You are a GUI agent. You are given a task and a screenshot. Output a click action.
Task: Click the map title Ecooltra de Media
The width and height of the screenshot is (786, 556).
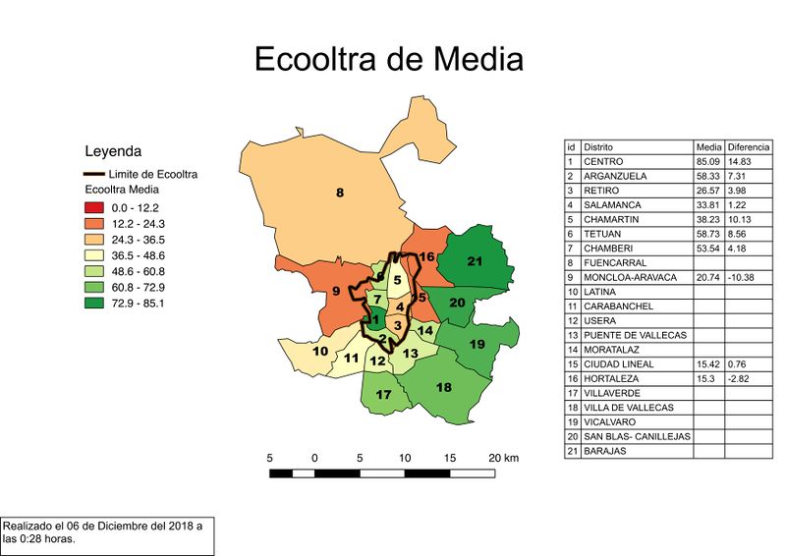(388, 59)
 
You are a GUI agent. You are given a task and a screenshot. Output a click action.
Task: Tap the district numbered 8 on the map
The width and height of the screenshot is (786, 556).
(340, 193)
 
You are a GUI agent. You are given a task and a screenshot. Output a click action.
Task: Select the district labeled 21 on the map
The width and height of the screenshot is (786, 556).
(476, 261)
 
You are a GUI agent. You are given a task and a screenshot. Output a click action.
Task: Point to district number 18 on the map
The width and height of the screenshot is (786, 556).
(443, 387)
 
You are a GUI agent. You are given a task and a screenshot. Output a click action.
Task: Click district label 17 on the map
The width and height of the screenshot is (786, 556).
(384, 395)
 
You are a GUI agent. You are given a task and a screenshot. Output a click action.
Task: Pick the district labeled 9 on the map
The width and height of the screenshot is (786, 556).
(336, 291)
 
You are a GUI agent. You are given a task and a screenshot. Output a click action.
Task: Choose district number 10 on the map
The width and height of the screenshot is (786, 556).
(320, 351)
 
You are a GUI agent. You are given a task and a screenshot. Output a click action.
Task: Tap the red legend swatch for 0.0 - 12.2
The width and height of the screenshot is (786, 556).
(93, 207)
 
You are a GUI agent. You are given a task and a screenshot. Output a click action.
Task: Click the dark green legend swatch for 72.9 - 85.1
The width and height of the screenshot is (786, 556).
(93, 303)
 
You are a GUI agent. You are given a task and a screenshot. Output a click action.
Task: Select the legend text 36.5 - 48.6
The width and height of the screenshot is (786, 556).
(136, 255)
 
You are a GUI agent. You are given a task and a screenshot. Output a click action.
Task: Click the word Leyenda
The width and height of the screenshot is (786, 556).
(114, 151)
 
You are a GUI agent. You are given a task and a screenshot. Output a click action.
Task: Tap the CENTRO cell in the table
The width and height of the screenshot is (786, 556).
(603, 161)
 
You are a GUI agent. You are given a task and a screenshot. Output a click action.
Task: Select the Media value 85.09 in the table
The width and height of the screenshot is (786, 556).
(706, 161)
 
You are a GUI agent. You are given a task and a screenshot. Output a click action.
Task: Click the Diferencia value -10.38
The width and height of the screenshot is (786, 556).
(743, 278)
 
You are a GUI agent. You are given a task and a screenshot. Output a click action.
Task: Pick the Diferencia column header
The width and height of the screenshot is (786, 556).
(748, 146)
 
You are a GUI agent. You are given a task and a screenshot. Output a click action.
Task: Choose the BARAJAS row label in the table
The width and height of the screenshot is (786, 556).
(605, 452)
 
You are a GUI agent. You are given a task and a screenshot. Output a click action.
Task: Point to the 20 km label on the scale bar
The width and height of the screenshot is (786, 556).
(502, 459)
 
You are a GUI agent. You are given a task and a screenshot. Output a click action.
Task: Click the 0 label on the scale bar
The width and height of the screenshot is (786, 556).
(314, 459)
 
